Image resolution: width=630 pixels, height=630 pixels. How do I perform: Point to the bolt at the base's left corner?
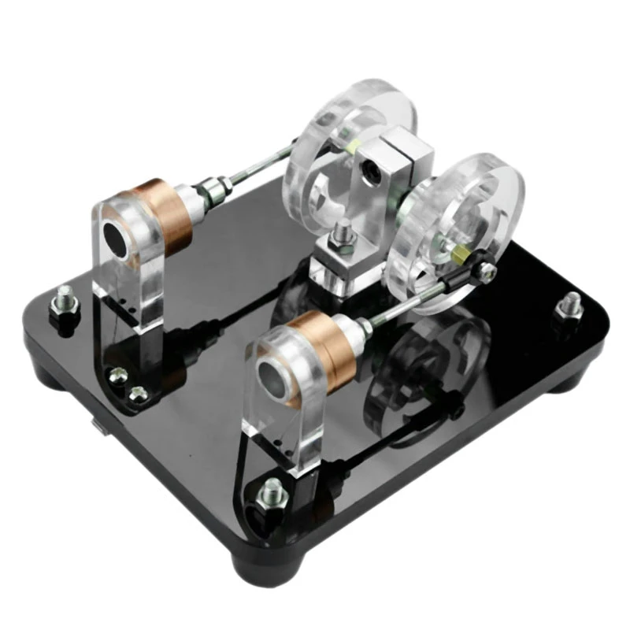click(x=63, y=304)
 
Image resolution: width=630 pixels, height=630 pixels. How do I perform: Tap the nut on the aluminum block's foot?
click(x=343, y=236)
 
